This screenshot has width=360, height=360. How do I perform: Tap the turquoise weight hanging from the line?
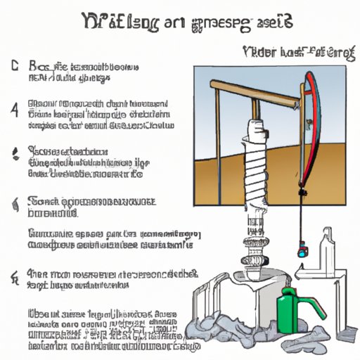(303, 248)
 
